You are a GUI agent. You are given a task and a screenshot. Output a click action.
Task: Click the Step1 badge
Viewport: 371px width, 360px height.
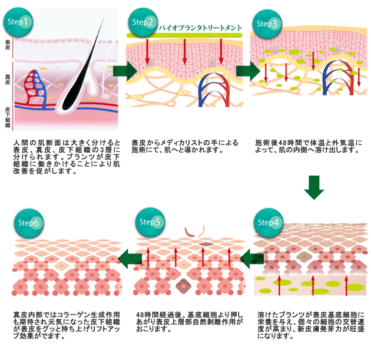pos(19,22)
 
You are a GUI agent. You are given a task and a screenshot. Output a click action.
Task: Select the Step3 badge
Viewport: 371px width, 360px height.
pos(267,24)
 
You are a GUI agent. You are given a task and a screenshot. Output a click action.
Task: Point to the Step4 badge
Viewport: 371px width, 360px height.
pos(269,223)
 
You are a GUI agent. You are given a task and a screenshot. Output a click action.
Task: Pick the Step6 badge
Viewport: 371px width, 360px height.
pos(27,223)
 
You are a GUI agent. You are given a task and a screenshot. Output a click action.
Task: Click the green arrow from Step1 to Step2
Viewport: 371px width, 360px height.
pos(123,71)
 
